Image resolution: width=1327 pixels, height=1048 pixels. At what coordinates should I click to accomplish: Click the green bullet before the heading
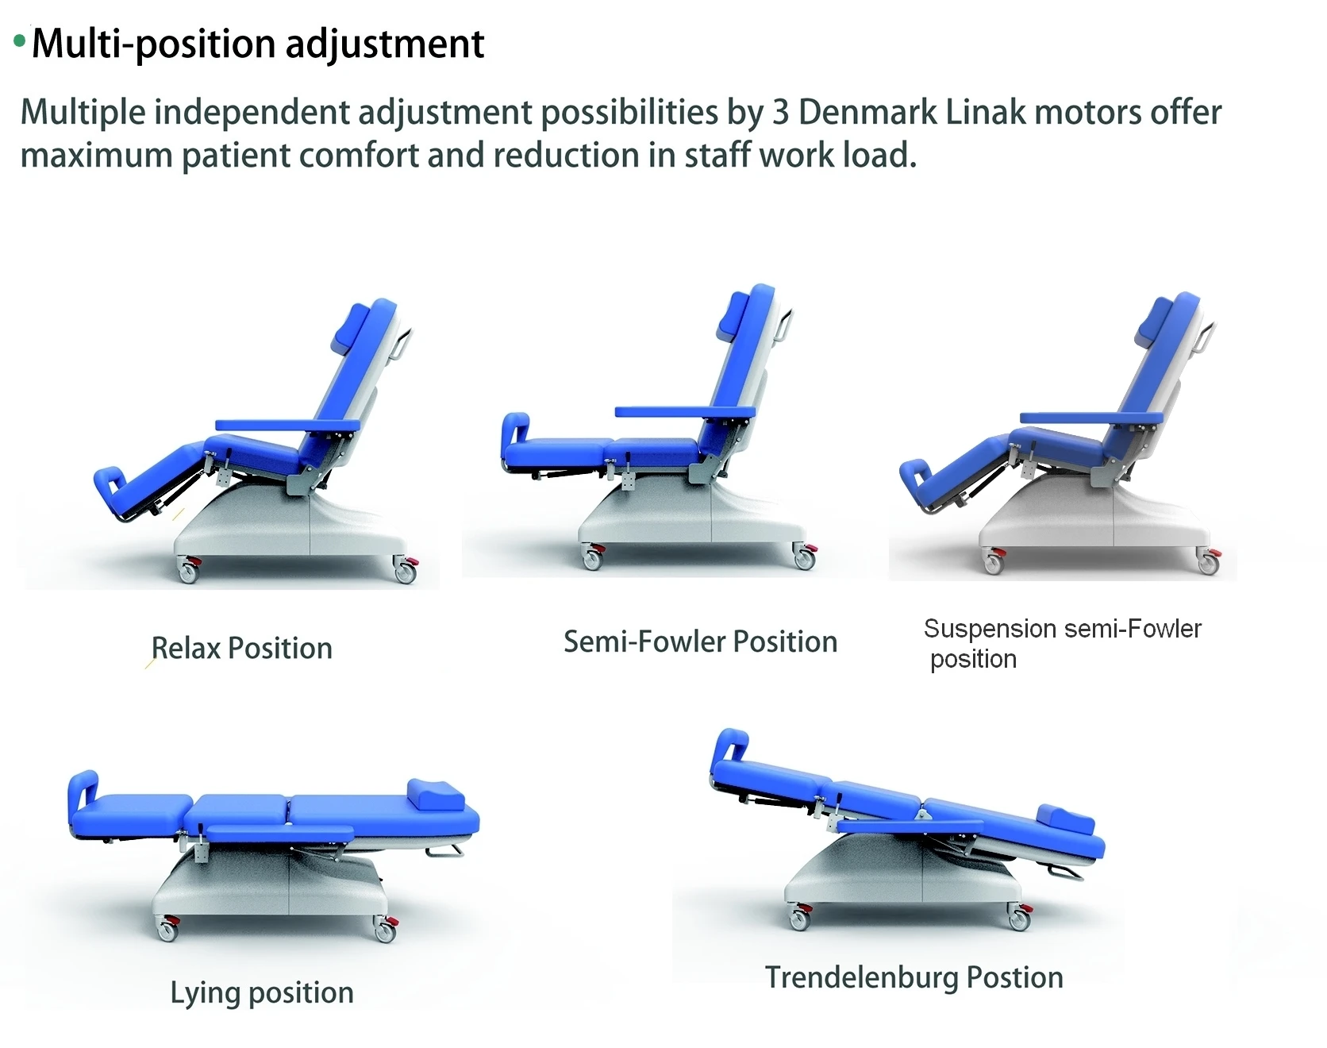click(x=20, y=40)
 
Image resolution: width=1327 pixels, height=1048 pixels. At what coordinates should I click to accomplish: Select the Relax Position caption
click(x=241, y=649)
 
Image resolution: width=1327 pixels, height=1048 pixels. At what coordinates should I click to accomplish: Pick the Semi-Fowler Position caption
click(x=700, y=642)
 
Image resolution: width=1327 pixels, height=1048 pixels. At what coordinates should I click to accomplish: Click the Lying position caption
click(x=262, y=992)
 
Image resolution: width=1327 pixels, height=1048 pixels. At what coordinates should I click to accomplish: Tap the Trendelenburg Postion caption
click(x=914, y=977)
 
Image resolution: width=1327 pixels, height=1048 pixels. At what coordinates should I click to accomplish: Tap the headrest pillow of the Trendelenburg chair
click(x=1066, y=821)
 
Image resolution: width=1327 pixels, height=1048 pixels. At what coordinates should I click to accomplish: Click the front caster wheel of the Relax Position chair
click(x=188, y=571)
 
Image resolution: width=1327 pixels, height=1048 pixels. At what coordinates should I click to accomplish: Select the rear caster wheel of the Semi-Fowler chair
click(x=804, y=558)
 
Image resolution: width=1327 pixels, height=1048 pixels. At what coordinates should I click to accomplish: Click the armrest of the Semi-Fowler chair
click(x=684, y=411)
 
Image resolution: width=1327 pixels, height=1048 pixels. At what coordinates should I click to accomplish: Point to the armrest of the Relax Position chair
click(x=287, y=426)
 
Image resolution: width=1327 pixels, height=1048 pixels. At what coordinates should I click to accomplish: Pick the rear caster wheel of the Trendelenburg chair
click(x=1019, y=919)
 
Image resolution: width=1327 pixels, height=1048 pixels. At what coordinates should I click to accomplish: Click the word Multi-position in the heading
click(x=155, y=44)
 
